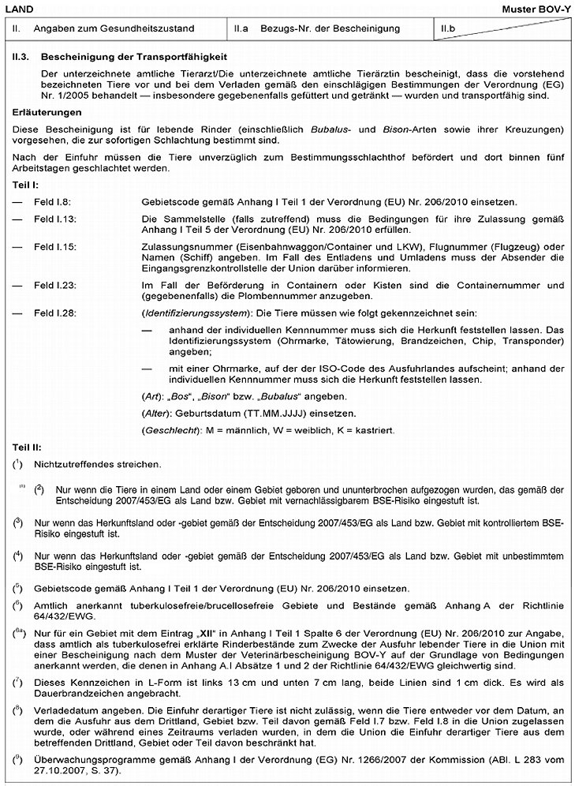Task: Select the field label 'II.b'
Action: point(449,29)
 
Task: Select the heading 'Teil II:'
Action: point(28,447)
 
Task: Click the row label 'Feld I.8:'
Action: point(55,203)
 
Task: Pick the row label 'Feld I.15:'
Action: point(58,247)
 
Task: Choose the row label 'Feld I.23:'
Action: point(58,285)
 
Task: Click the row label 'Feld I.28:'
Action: point(58,313)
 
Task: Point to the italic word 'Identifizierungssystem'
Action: point(192,313)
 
